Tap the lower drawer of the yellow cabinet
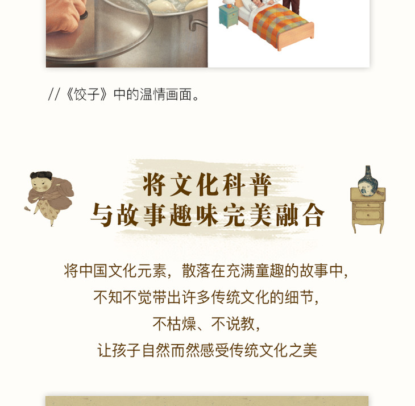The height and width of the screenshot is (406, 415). coord(368,214)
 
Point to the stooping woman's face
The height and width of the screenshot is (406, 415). coord(40,185)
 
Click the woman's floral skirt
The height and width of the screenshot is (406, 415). coord(48,209)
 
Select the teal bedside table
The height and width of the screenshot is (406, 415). coord(229,15)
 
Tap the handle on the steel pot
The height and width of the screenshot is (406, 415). coord(197,24)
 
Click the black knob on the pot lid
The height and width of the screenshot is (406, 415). coord(84,15)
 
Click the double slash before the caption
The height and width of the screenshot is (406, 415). coord(54,94)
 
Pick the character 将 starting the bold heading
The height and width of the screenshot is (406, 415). coord(154,184)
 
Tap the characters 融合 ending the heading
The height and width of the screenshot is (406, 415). coord(300,214)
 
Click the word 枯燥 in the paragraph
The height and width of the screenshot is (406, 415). coord(181,324)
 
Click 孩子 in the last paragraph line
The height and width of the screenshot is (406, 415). coord(126,350)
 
